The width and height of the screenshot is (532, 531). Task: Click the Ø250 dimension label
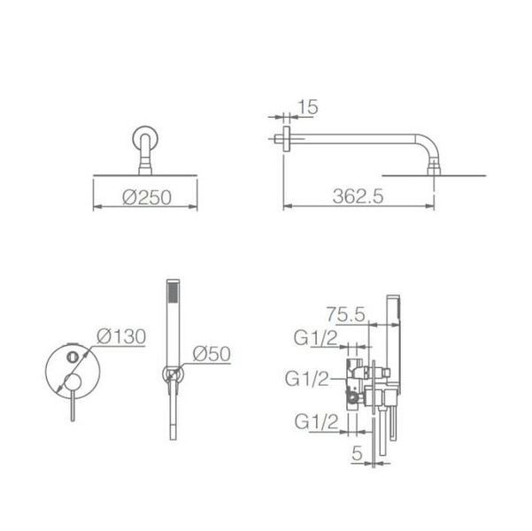pyautogui.click(x=147, y=197)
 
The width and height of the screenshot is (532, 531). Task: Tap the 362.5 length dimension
pyautogui.click(x=358, y=196)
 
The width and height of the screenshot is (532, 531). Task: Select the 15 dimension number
pyautogui.click(x=308, y=107)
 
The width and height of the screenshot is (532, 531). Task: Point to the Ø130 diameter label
pyautogui.click(x=121, y=336)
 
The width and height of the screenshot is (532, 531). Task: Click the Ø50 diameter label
pyautogui.click(x=212, y=354)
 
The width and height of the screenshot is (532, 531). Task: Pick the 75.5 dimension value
pyautogui.click(x=346, y=314)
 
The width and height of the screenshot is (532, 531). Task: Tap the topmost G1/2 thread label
pyautogui.click(x=316, y=338)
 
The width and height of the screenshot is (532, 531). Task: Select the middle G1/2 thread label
pyautogui.click(x=307, y=378)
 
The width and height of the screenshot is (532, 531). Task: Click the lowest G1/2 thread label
pyautogui.click(x=317, y=422)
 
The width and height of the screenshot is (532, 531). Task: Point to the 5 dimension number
pyautogui.click(x=357, y=453)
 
